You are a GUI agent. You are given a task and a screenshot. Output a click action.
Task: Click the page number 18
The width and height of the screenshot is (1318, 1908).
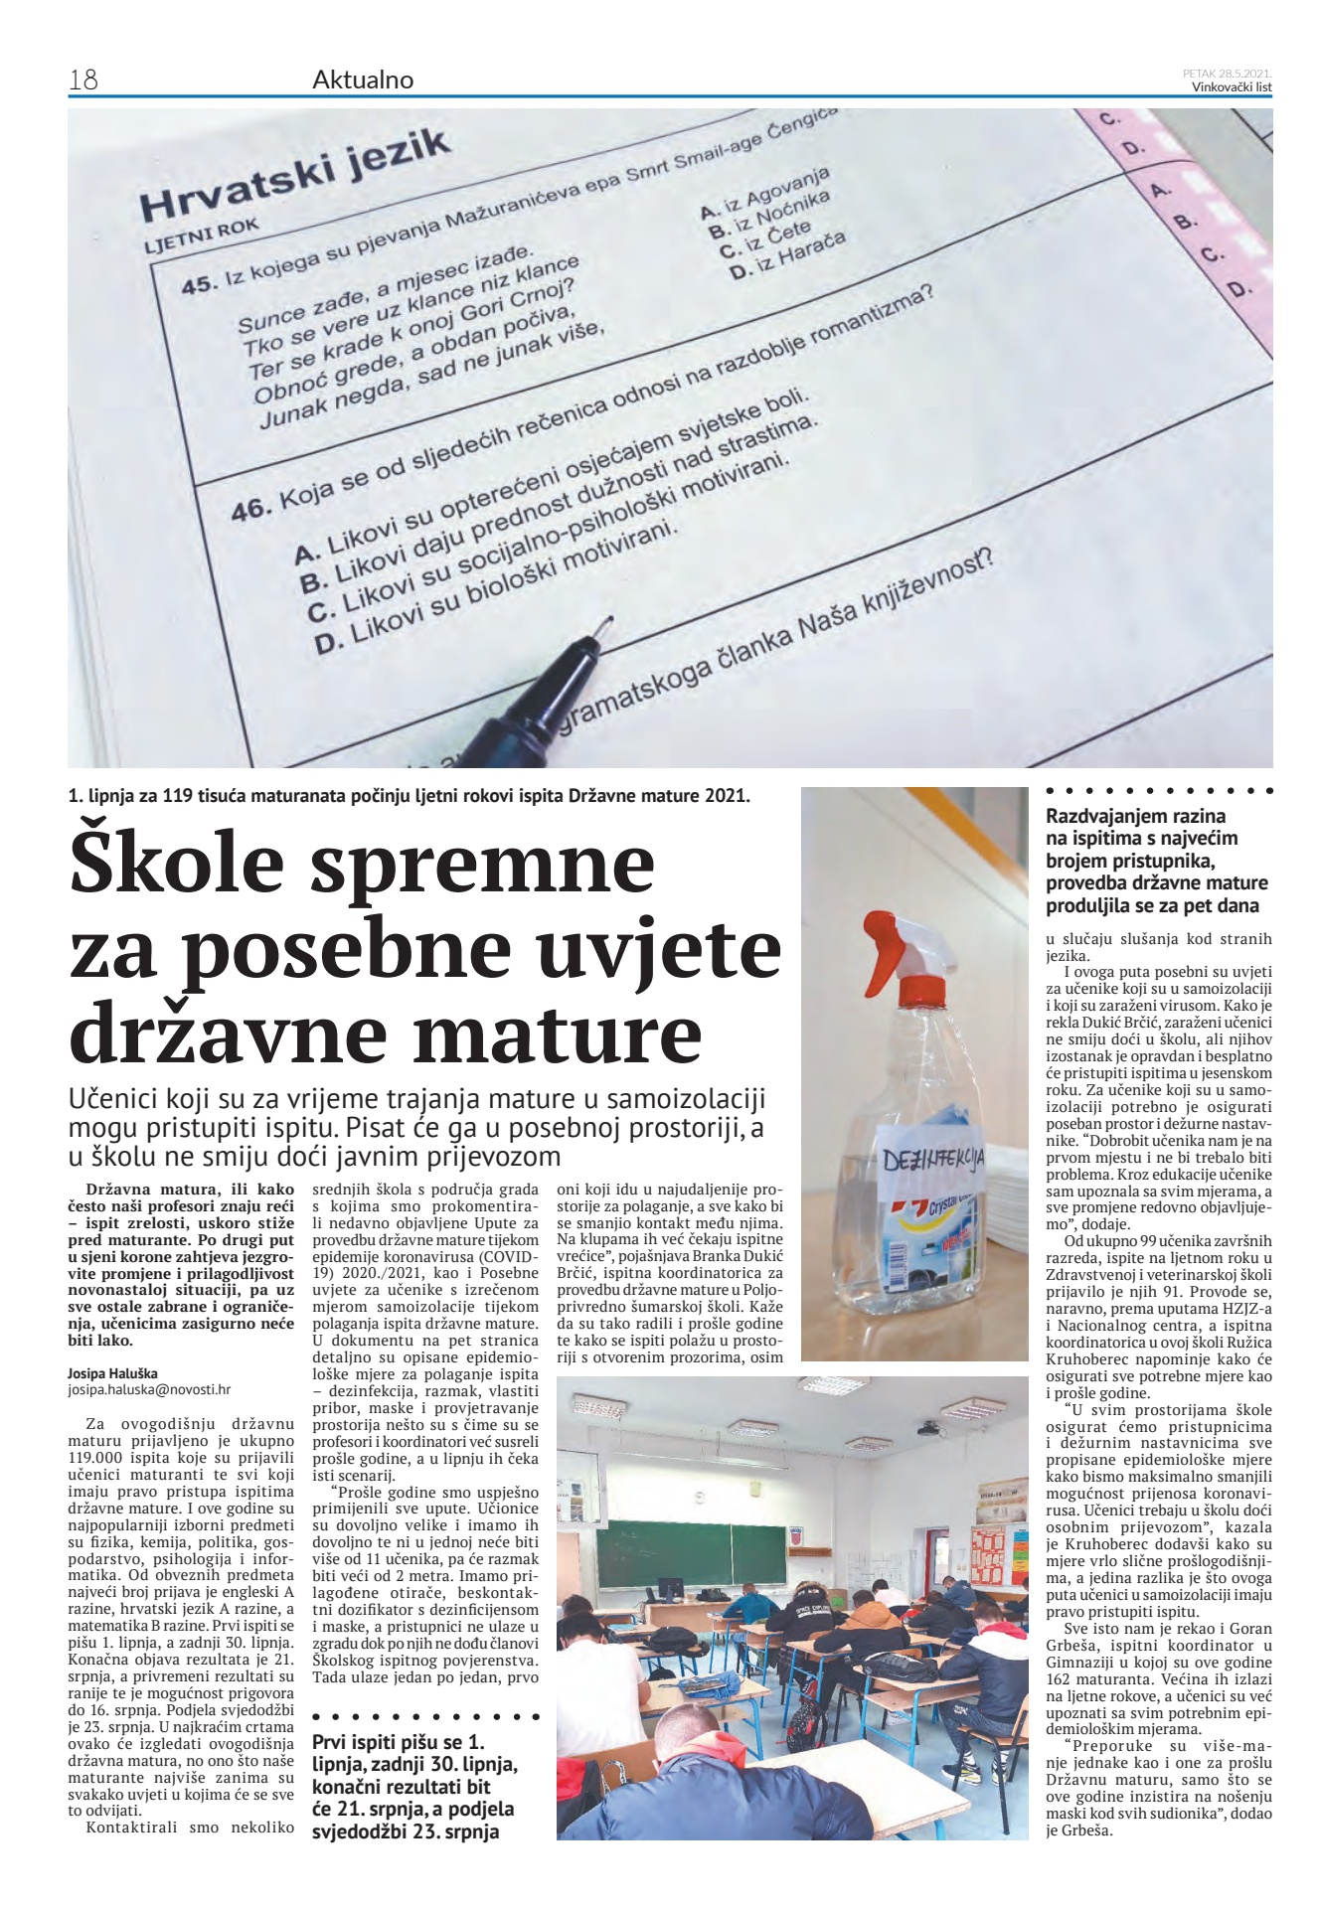click(82, 79)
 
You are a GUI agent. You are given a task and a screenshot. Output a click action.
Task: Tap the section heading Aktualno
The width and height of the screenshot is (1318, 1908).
click(363, 79)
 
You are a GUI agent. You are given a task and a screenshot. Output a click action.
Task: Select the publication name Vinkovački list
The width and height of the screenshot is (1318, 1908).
click(1232, 86)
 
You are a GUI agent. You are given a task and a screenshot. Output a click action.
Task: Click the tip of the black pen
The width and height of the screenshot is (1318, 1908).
click(603, 625)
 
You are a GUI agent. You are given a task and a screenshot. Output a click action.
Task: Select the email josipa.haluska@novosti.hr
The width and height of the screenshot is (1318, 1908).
click(148, 1389)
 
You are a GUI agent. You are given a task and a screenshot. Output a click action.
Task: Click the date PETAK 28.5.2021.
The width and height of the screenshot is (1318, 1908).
click(1228, 73)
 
